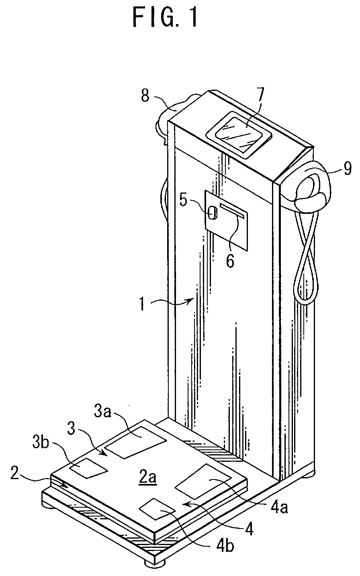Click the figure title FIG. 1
click(165, 18)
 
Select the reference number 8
click(145, 96)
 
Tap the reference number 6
click(230, 260)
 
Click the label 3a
click(102, 411)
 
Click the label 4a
click(279, 507)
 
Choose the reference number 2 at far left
click(15, 474)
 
